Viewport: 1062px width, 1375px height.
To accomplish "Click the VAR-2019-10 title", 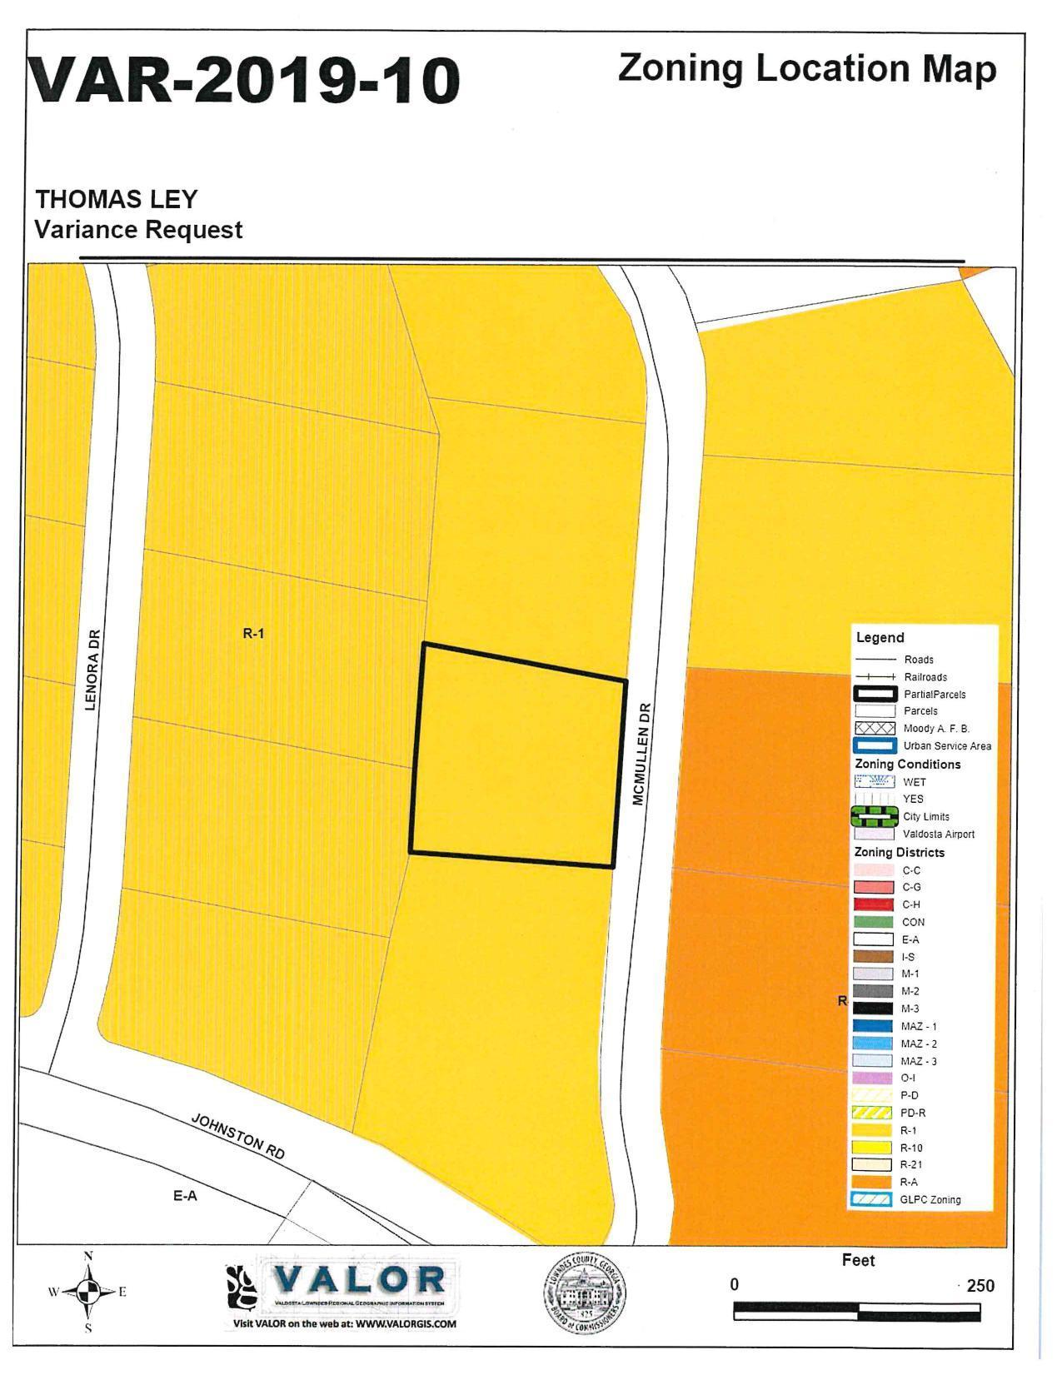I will pos(243,81).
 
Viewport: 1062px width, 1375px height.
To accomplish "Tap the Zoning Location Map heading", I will pos(806,68).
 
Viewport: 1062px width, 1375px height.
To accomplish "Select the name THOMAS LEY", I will pos(116,200).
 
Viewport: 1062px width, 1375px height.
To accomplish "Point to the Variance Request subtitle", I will pos(138,230).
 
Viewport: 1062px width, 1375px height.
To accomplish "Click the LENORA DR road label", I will pos(92,670).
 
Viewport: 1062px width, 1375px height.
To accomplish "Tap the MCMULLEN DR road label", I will pos(639,755).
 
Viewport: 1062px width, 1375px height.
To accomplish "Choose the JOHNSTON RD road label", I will pos(238,1136).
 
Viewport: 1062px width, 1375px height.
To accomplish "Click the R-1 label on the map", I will pos(253,633).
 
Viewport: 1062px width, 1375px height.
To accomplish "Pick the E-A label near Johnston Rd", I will pos(185,1196).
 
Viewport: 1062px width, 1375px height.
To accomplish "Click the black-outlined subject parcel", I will pos(516,755).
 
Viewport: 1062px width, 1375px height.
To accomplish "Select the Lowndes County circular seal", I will pos(585,1293).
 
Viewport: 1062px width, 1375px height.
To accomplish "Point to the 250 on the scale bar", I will pos(980,1285).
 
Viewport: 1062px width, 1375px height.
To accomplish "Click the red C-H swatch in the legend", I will pos(873,904).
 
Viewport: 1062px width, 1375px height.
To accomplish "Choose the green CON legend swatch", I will pos(873,922).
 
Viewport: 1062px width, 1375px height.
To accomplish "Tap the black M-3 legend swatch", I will pos(873,1009).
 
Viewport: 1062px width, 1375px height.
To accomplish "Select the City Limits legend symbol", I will pos(873,816).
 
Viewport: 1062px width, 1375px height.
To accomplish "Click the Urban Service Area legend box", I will pos(874,746).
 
